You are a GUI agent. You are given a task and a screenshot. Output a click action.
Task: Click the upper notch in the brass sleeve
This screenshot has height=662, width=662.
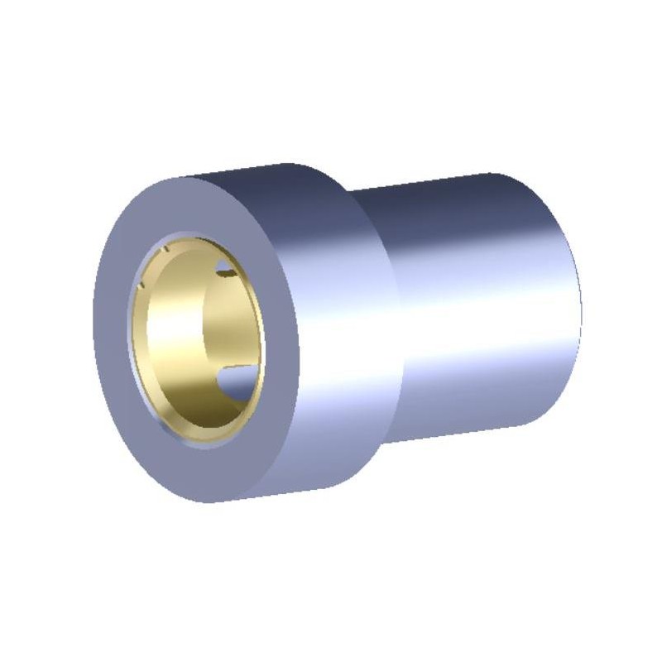[224, 266]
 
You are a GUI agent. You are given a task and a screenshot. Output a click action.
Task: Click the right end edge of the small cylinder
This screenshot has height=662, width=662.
[579, 306]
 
